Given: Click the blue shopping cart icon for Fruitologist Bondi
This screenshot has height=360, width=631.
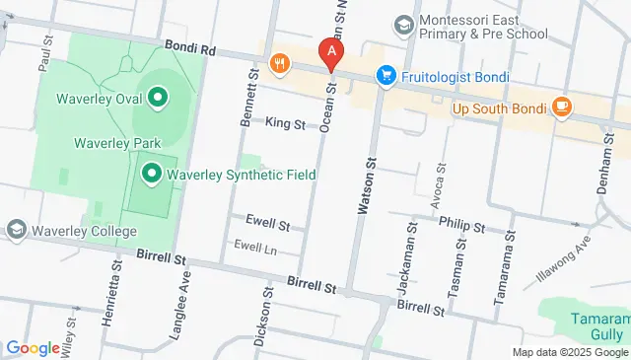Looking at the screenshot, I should (386, 75).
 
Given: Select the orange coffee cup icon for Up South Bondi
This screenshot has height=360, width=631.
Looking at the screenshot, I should (561, 106).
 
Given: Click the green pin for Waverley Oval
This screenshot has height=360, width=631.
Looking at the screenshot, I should (157, 97).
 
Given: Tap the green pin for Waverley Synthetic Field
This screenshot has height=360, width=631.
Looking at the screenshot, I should (152, 176).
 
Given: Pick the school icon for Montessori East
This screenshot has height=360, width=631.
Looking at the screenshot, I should (402, 23).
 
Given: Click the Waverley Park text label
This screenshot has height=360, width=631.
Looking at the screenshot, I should (116, 143).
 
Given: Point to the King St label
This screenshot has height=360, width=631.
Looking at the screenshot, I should (286, 122).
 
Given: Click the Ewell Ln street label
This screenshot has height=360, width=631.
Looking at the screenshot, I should (254, 246).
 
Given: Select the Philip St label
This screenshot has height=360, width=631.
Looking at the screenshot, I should (462, 226).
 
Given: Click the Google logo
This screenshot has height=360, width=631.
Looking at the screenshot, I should (33, 348).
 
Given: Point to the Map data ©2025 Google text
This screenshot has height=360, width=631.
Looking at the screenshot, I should (569, 352).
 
